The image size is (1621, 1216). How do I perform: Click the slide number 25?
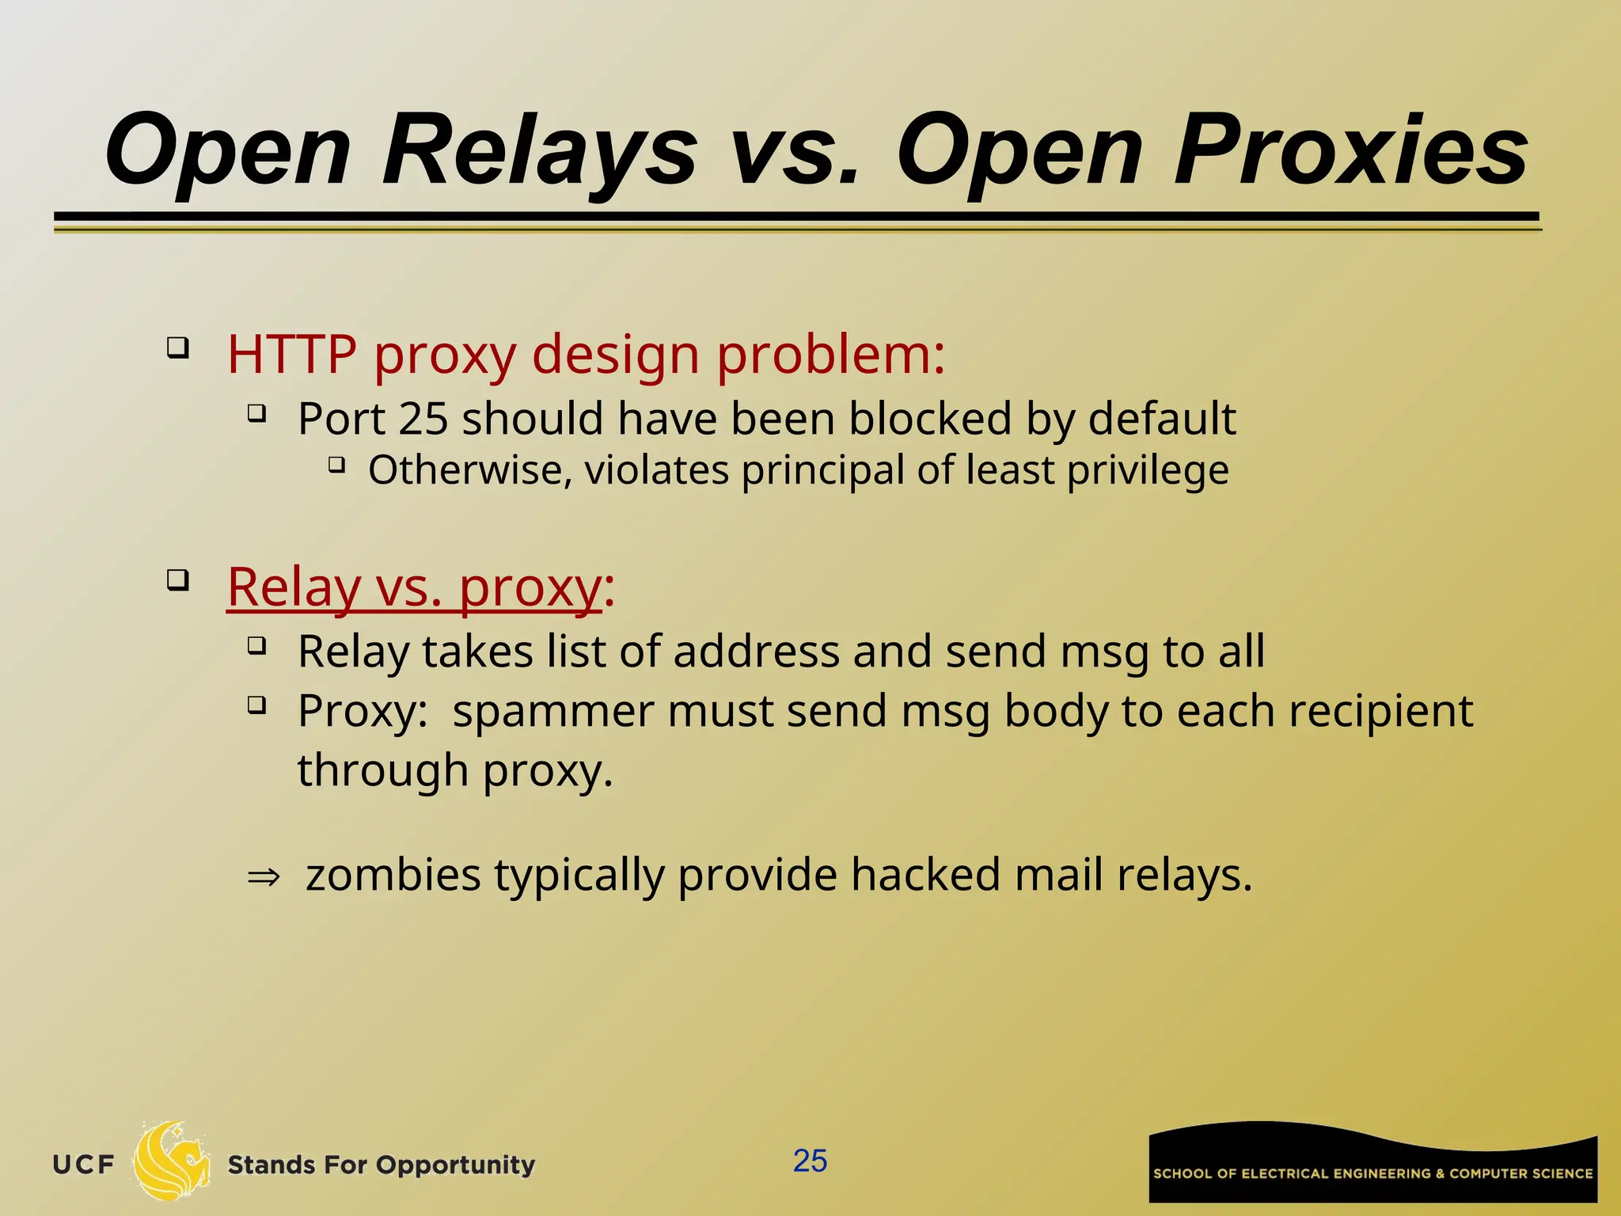(x=810, y=1161)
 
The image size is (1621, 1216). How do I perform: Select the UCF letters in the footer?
(x=84, y=1165)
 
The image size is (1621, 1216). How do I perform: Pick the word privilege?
(x=1148, y=470)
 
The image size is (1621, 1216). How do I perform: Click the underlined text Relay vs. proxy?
(x=414, y=587)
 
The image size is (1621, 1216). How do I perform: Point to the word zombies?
(x=393, y=875)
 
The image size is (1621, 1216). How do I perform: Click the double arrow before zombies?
(x=264, y=876)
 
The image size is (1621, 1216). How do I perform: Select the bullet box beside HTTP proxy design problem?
(x=178, y=348)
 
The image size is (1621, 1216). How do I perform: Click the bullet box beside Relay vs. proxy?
(x=178, y=580)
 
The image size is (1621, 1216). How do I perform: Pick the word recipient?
(x=1380, y=710)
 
